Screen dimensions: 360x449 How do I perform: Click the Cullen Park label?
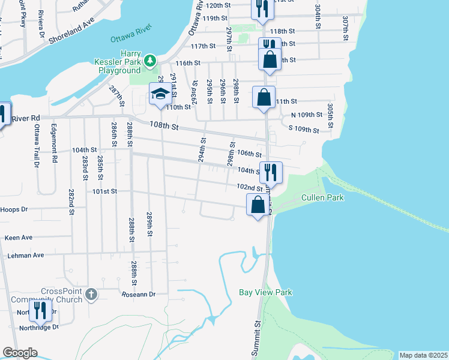coord(323,197)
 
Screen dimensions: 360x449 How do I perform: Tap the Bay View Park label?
coord(265,292)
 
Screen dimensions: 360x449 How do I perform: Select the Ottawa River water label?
coord(132,34)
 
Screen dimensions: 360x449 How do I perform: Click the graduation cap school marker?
coord(160,94)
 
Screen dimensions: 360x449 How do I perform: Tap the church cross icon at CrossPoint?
coord(91,294)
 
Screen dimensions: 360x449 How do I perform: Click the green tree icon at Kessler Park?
coord(150,60)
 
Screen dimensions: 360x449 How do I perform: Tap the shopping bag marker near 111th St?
coord(264,97)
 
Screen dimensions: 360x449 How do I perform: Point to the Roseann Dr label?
coord(139,295)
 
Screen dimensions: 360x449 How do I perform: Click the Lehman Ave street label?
coord(26,255)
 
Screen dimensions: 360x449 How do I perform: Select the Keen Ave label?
coord(19,238)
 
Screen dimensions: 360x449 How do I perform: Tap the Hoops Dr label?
coord(16,209)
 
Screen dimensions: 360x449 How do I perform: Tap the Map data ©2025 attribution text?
coord(423,355)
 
